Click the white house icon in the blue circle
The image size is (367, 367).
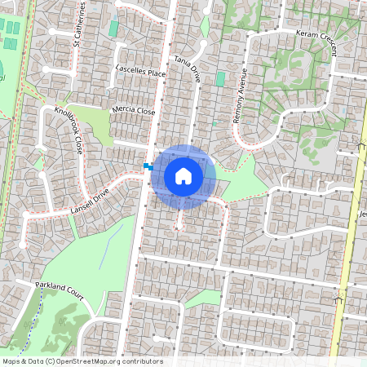tap(183, 176)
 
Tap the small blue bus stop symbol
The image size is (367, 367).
tap(147, 166)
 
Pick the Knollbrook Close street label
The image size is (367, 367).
tap(69, 130)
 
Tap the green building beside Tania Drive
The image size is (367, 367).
tap(220, 79)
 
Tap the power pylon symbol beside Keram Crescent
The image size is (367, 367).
tap(360, 147)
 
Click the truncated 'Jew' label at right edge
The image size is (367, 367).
tap(360, 214)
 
